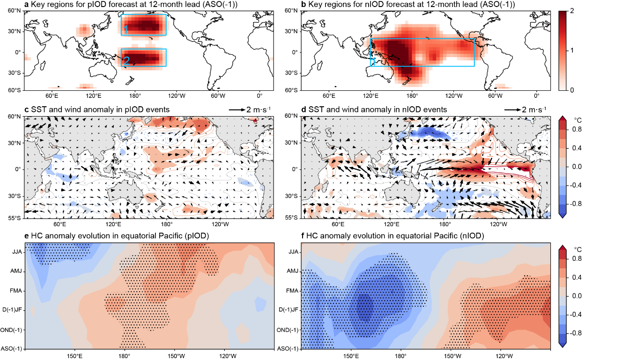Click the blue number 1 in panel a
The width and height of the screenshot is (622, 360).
[x=126, y=30]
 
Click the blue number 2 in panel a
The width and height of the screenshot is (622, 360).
[x=126, y=60]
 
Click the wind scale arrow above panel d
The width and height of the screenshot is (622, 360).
[x=513, y=110]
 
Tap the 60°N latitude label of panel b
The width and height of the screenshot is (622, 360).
[x=290, y=10]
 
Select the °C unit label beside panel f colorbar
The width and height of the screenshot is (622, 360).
[x=579, y=250]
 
